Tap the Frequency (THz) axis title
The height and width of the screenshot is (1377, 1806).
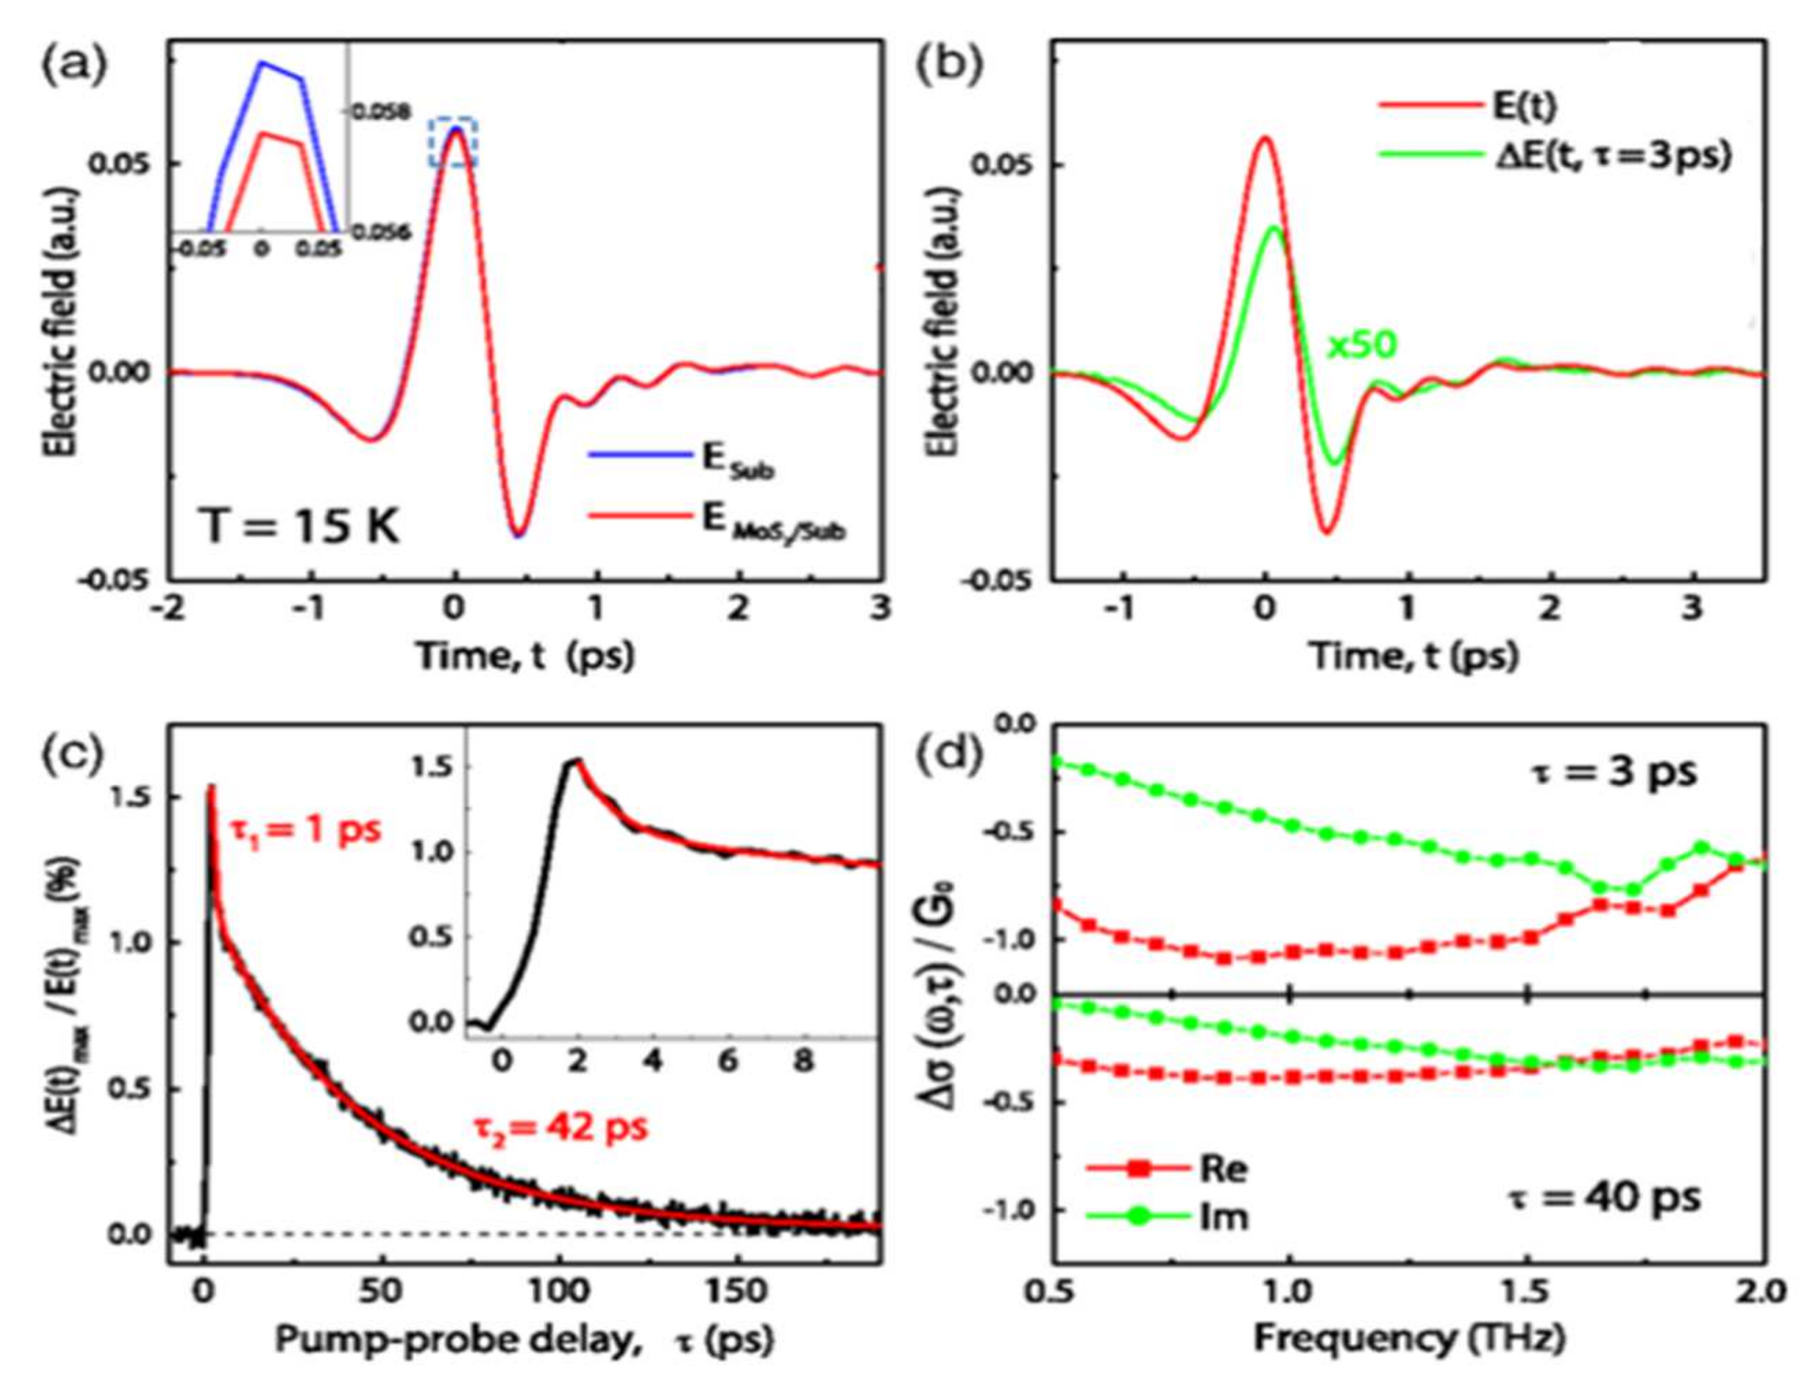coord(1409,1338)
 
